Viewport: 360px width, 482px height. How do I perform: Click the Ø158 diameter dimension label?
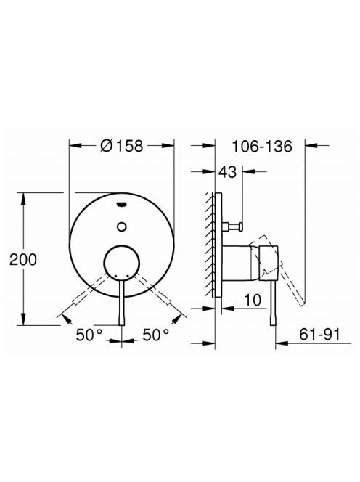click(122, 146)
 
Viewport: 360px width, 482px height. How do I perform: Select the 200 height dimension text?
click(23, 259)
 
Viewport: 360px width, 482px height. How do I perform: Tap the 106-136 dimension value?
click(261, 147)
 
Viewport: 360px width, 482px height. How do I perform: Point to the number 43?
click(227, 172)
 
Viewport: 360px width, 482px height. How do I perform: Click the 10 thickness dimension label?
click(253, 300)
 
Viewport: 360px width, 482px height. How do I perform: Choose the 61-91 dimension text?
click(320, 334)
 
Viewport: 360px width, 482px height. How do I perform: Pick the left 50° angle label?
click(89, 335)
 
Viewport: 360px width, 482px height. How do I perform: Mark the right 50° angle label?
click(156, 335)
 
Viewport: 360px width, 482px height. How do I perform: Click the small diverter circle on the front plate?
click(122, 227)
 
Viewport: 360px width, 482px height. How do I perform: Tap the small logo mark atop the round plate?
click(122, 203)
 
